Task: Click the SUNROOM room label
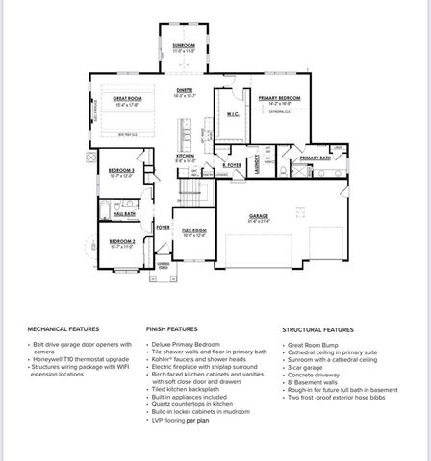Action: [183, 44]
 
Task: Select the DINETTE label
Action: [184, 89]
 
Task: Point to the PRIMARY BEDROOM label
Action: [280, 97]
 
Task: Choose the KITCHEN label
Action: [186, 156]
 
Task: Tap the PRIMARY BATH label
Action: [315, 158]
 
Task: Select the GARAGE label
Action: [259, 216]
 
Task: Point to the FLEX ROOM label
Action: [194, 230]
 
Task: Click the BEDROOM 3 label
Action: [121, 171]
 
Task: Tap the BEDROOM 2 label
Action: [121, 241]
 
